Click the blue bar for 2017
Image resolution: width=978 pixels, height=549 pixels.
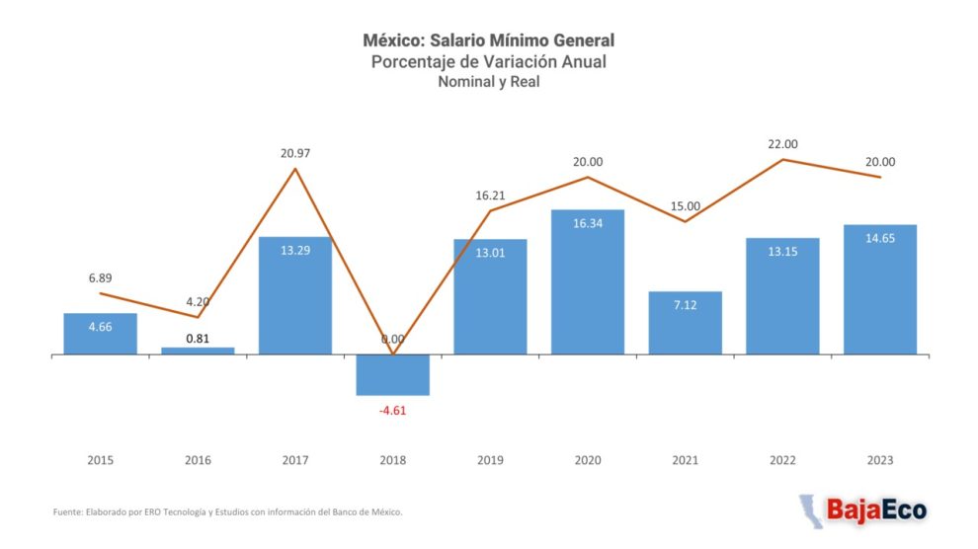tap(295, 295)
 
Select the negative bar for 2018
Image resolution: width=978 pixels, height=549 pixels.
tap(393, 374)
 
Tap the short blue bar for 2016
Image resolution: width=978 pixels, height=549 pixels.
tap(198, 351)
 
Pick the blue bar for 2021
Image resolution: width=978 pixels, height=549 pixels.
tap(685, 323)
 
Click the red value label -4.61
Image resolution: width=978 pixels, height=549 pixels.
tap(393, 411)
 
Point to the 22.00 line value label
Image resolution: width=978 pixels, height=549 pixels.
tap(782, 144)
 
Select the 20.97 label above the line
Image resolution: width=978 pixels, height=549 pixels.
tap(295, 153)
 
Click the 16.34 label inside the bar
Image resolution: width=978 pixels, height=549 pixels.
tap(588, 223)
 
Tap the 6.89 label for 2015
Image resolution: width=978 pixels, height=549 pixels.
tap(101, 277)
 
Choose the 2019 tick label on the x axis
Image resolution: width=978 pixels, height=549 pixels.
tap(490, 460)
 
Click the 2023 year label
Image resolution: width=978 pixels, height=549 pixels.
tap(880, 460)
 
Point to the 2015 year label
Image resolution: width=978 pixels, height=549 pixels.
tap(101, 460)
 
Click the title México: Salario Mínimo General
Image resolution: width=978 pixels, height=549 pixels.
tap(489, 40)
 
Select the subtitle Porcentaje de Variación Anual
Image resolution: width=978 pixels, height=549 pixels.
tap(489, 61)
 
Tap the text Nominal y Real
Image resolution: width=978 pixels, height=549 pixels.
tap(489, 82)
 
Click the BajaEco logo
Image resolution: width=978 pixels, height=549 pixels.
tap(863, 510)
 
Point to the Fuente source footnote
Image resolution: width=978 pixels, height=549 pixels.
tap(227, 512)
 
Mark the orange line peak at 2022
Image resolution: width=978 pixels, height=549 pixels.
tap(782, 160)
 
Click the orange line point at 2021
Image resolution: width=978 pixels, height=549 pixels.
tap(685, 222)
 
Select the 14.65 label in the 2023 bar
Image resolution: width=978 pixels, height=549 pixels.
tap(880, 238)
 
